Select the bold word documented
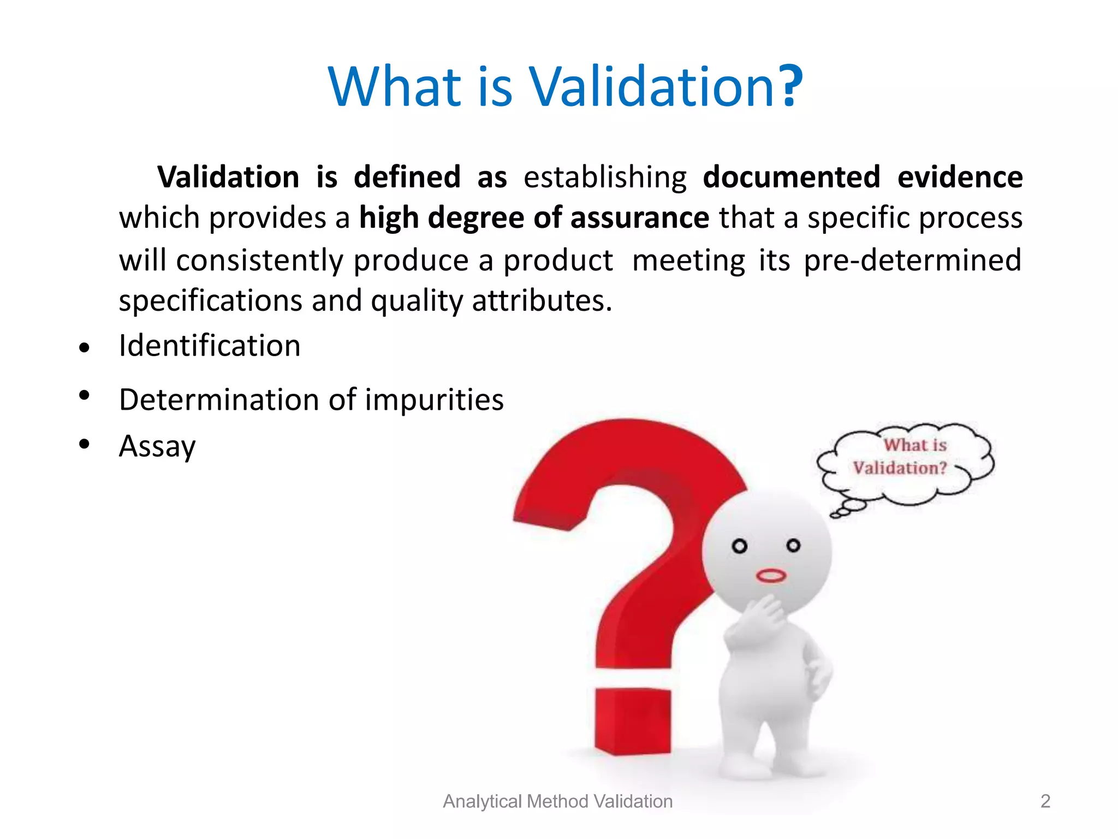791,177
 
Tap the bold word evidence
960,177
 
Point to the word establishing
605,177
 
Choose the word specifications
210,301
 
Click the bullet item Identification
210,346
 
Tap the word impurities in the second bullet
434,399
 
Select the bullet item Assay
157,446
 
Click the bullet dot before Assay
84,444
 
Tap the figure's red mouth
770,576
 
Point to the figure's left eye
739,546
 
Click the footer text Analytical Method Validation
557,801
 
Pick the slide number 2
1045,801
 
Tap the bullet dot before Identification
84,347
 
